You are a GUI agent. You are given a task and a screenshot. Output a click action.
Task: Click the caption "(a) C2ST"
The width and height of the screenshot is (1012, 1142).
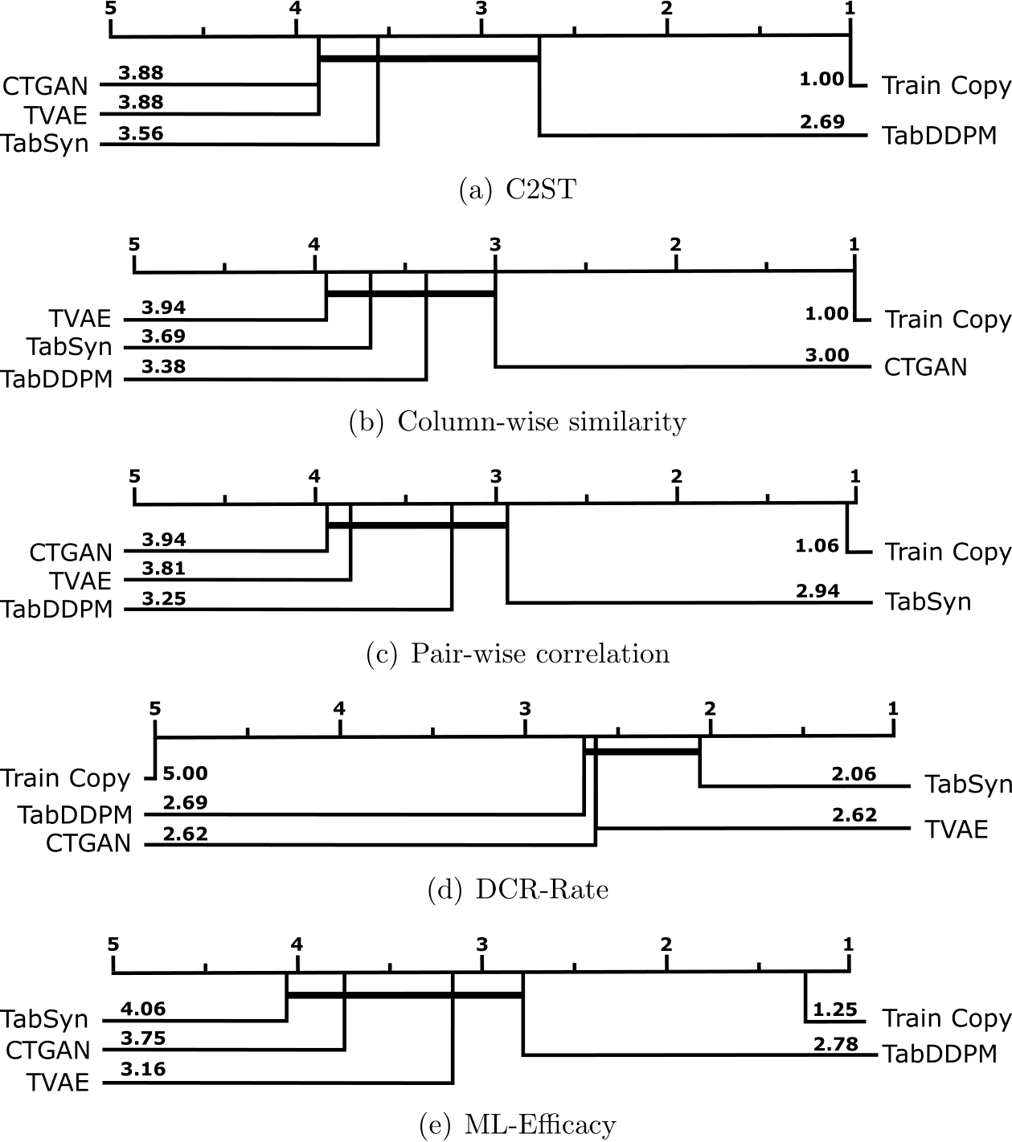click(518, 190)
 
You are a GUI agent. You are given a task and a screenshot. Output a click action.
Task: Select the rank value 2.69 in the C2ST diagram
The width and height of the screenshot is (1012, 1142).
click(822, 122)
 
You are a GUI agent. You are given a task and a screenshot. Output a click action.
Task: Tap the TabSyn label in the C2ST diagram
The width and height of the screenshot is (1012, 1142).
click(45, 145)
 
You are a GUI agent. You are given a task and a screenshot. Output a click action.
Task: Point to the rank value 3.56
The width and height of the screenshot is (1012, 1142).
click(141, 133)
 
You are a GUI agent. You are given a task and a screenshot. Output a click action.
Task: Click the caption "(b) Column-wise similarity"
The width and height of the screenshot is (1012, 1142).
click(518, 422)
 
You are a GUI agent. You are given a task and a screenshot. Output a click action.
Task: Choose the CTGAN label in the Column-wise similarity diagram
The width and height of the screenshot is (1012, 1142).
click(925, 368)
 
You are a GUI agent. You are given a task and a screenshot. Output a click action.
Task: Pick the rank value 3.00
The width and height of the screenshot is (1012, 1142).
click(827, 355)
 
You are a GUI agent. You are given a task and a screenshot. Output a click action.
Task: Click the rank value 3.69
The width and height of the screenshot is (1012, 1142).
click(163, 336)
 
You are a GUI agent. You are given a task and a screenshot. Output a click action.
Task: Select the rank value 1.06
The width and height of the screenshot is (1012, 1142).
click(817, 546)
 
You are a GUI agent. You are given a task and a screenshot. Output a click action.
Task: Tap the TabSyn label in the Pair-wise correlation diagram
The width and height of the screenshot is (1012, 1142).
click(928, 602)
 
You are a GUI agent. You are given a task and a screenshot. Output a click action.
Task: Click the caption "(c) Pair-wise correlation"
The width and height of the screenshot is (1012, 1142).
click(518, 654)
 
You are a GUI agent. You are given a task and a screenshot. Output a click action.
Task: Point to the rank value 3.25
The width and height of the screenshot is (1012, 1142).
click(163, 599)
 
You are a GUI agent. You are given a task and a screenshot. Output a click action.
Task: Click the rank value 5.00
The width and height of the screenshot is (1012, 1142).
click(185, 774)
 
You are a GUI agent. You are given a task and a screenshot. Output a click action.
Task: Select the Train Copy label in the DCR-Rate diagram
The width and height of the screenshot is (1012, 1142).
click(65, 778)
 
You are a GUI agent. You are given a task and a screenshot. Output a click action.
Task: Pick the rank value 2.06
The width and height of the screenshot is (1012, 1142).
click(854, 774)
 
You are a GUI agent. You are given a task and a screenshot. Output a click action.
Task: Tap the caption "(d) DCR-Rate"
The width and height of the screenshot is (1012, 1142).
click(518, 889)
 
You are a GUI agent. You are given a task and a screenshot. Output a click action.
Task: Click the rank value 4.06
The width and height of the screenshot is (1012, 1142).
click(143, 1009)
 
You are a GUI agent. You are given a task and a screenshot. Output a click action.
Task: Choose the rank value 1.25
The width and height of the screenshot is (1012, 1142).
click(835, 1010)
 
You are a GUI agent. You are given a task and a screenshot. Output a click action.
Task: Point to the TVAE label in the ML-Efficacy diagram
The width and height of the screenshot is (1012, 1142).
click(57, 1083)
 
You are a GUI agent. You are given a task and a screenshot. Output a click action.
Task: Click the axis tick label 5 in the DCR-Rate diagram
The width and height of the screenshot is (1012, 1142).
click(155, 708)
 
